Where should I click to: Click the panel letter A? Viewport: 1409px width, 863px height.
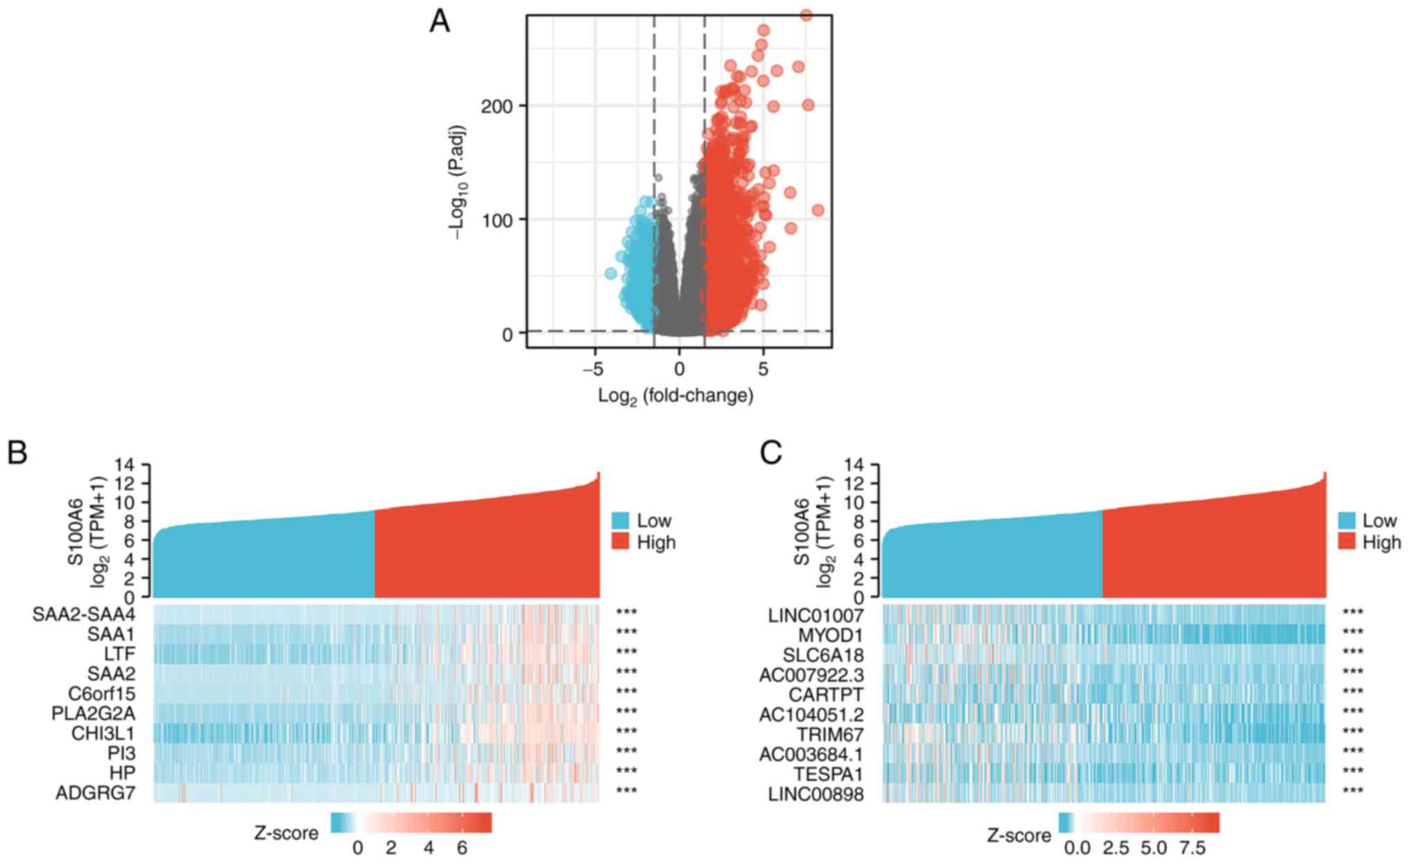[x=440, y=22]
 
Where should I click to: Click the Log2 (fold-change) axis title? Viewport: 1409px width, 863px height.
[x=675, y=395]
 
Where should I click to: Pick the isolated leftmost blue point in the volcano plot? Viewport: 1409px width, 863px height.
[x=610, y=273]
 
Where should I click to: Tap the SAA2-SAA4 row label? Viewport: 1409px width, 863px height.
[x=83, y=615]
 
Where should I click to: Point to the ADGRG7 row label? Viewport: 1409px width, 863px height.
[x=96, y=793]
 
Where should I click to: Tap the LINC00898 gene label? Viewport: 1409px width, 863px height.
[x=815, y=794]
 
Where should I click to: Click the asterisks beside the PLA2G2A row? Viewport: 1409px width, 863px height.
[x=626, y=713]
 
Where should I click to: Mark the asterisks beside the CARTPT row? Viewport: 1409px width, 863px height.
[x=1352, y=693]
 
